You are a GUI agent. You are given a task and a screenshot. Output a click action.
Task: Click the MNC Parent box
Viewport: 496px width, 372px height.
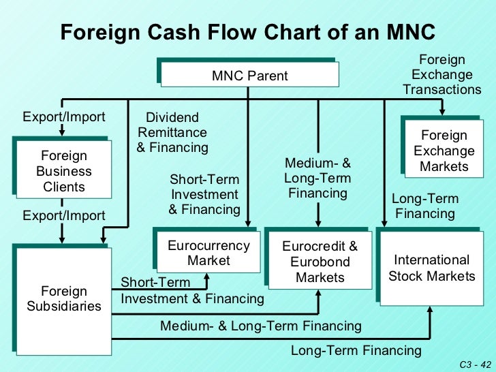coord(250,76)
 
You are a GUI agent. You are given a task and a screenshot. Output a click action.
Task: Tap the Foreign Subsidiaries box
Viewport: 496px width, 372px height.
coord(63,299)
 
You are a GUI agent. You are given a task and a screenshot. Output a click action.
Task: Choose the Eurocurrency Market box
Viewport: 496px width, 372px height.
coord(209,253)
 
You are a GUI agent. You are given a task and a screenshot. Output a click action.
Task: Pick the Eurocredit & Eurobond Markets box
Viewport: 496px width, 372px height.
coord(320,262)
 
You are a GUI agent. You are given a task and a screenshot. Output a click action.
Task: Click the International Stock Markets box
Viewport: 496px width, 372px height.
coord(432,268)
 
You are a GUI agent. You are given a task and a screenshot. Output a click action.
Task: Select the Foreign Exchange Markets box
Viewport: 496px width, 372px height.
coord(444,151)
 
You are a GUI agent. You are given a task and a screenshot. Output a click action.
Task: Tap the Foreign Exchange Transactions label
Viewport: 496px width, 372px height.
coord(441,75)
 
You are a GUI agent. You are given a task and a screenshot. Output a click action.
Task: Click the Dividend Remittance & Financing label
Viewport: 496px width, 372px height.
coord(172,133)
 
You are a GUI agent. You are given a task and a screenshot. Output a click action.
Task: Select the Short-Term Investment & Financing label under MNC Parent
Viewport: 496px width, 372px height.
coord(204,194)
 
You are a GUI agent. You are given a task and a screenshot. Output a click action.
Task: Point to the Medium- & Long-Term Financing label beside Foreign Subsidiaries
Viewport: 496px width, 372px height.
coord(261,326)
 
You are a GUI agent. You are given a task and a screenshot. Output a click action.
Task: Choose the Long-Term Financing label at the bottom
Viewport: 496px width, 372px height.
coord(356,351)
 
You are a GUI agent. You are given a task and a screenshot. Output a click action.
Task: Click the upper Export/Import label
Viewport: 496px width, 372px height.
coord(64,117)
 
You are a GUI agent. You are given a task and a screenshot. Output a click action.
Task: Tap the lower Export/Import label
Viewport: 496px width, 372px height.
coord(64,216)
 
